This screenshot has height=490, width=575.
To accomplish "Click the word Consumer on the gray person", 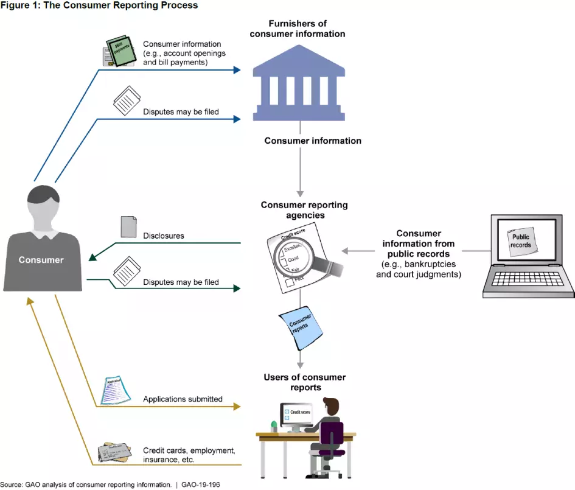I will pyautogui.click(x=41, y=260).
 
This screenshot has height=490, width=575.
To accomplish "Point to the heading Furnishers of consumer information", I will pyautogui.click(x=298, y=29).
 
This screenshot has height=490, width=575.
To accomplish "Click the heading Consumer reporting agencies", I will pyautogui.click(x=304, y=210).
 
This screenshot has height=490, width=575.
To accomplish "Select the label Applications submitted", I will pyautogui.click(x=183, y=399).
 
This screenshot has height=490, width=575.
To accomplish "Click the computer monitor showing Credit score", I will pyautogui.click(x=296, y=415).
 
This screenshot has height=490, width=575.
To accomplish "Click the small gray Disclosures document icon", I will pyautogui.click(x=128, y=226).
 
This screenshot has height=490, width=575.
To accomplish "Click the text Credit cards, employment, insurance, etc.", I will pyautogui.click(x=189, y=455).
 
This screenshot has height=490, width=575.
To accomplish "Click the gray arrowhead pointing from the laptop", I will pyautogui.click(x=345, y=251).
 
